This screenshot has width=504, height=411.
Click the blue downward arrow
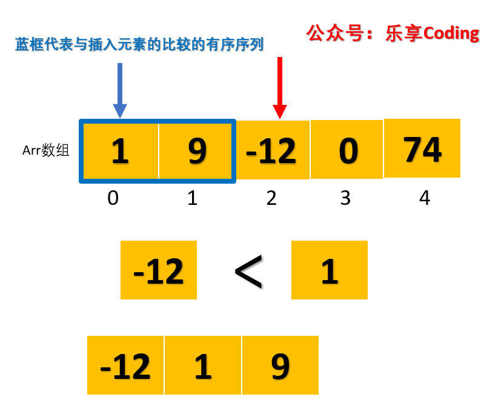tap(120, 88)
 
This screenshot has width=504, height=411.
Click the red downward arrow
tap(279, 88)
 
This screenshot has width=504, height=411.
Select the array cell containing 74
tap(422, 149)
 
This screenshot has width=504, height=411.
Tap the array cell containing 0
tap(347, 150)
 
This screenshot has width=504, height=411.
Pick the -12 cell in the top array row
tap(273, 150)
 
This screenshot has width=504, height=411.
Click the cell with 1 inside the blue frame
tap(121, 151)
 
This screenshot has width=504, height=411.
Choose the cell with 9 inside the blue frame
tap(196, 151)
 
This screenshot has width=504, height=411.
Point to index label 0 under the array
tap(113, 198)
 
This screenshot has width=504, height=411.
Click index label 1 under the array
tap(193, 198)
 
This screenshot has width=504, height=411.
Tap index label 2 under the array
tap(271, 198)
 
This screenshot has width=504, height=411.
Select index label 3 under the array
tap(345, 198)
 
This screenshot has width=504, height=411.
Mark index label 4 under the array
tap(425, 198)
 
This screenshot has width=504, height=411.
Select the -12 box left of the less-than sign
tap(159, 270)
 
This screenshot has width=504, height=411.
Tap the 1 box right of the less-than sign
tap(330, 270)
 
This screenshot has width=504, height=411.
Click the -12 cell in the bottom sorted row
tap(125, 365)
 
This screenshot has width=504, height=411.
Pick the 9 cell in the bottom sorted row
tap(280, 365)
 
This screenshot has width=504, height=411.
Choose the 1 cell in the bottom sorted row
tap(203, 365)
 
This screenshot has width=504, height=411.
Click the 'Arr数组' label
tap(46, 150)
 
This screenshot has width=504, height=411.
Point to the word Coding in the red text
tap(451, 33)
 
